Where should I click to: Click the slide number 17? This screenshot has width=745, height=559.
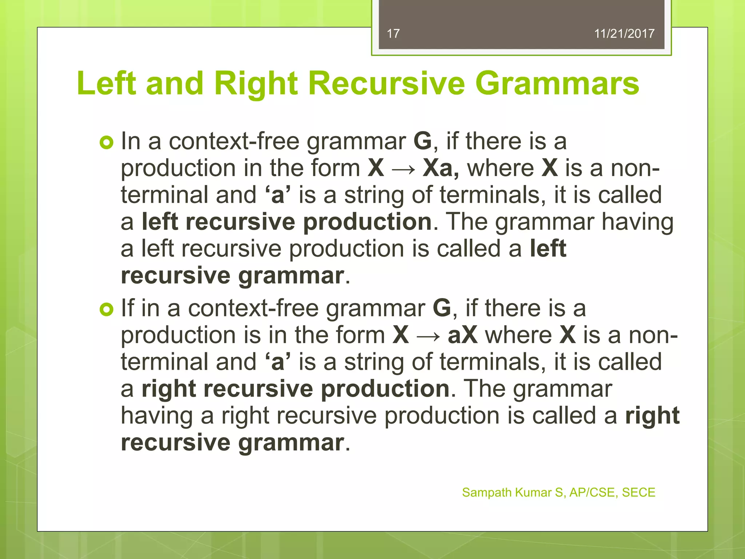(x=393, y=34)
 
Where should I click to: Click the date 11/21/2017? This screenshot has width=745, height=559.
(x=624, y=34)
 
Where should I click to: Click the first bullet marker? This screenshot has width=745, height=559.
(x=106, y=142)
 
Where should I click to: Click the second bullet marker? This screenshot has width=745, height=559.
(x=106, y=309)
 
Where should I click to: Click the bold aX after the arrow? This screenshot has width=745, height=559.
(x=462, y=335)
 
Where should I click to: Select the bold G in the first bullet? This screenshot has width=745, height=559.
(x=423, y=141)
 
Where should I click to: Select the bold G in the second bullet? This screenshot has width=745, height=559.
(x=442, y=308)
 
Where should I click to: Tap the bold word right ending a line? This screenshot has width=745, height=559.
(x=652, y=416)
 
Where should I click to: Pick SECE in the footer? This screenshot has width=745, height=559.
(x=638, y=492)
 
